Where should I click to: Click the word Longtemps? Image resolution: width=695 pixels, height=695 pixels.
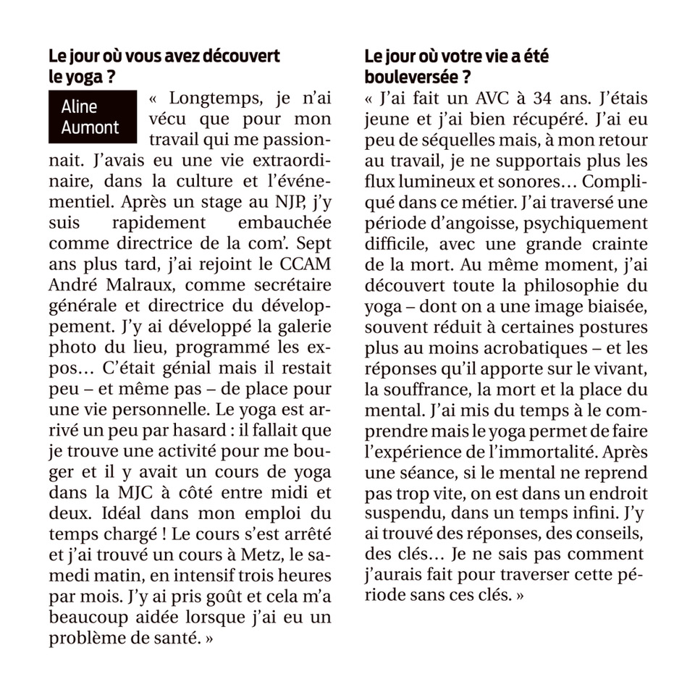pyautogui.click(x=210, y=98)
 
